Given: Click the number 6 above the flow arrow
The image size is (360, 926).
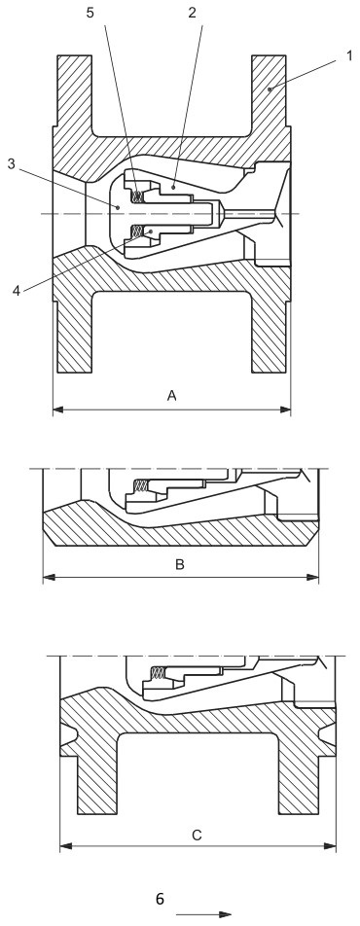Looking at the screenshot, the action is click(x=162, y=899).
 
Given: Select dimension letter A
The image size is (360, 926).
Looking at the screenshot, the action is click(x=172, y=395).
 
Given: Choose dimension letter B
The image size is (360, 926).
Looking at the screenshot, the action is click(x=179, y=563).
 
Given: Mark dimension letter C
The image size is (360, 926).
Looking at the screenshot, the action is click(x=197, y=834).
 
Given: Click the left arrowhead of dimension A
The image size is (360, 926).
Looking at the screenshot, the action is click(x=57, y=410).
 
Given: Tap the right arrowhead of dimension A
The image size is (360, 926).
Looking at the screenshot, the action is click(x=286, y=410).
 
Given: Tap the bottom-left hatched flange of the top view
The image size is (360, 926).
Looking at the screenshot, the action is click(x=74, y=331).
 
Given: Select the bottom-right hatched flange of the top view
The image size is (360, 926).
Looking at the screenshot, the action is click(x=270, y=331).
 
